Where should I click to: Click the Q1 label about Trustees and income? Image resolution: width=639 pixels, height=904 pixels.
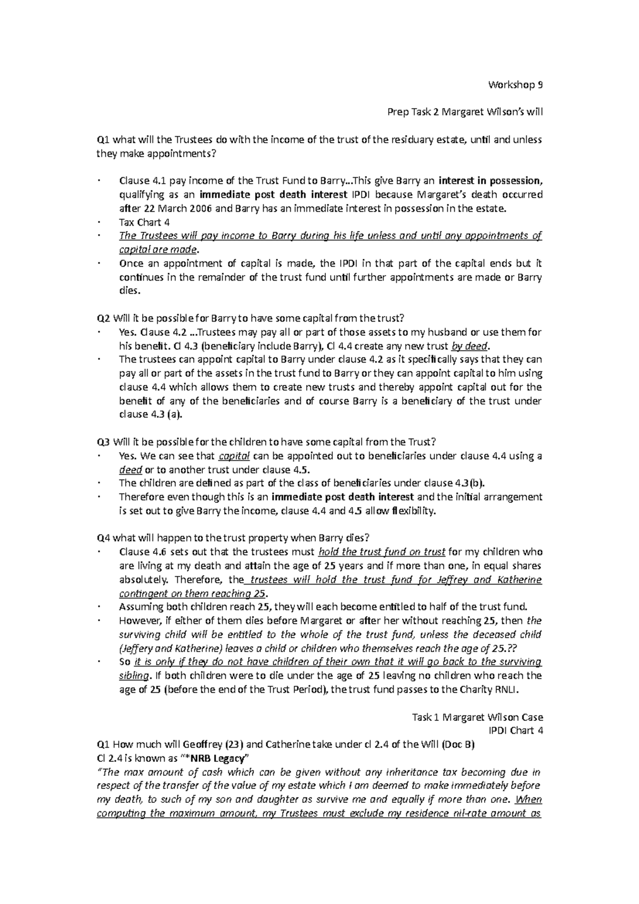(x=102, y=140)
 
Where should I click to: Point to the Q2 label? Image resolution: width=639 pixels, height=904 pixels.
(x=102, y=318)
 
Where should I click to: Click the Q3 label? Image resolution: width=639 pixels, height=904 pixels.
(x=102, y=442)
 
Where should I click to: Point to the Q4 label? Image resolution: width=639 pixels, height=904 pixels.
(x=102, y=537)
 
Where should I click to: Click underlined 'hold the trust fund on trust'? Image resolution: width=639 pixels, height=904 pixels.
(x=382, y=552)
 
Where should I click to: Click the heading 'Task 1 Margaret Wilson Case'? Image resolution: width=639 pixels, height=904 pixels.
(x=477, y=717)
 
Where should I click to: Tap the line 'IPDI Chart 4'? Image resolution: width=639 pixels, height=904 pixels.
(x=519, y=730)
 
